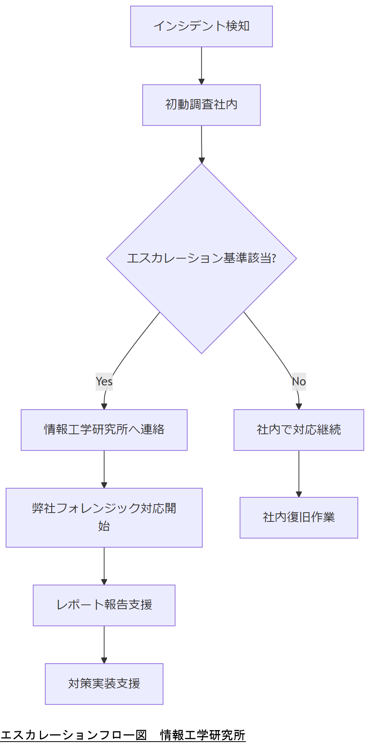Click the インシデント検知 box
[201, 27]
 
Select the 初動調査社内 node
[201, 105]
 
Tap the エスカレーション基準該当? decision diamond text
[201, 258]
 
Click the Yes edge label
[104, 381]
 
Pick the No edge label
[298, 381]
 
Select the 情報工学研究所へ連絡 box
[104, 430]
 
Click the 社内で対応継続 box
[298, 430]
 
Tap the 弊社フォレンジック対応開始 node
[104, 517]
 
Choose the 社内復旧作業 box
[298, 517]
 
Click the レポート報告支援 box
[104, 605]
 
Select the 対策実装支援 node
[104, 684]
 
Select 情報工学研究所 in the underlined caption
[202, 735]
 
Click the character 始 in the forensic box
[104, 526]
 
